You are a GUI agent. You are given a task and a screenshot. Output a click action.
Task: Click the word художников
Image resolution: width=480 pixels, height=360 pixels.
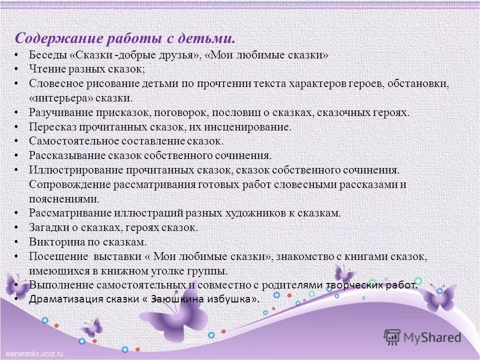(254, 213)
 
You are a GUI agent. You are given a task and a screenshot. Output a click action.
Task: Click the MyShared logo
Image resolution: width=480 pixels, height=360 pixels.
(422, 336)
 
